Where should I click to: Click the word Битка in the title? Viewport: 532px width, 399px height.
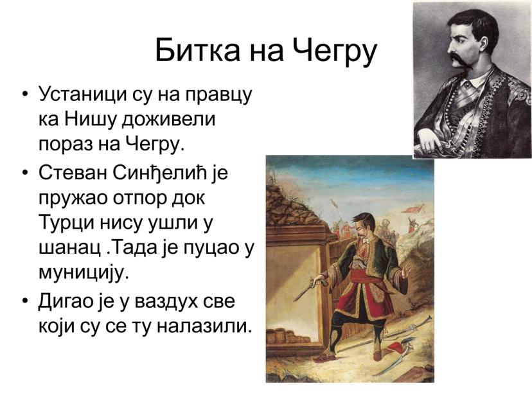coord(197,50)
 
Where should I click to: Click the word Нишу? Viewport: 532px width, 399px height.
coord(91,120)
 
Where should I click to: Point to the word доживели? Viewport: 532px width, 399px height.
coord(168,120)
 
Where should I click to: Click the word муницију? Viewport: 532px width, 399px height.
coord(84,273)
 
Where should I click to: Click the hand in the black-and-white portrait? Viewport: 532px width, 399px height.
coord(430,140)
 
